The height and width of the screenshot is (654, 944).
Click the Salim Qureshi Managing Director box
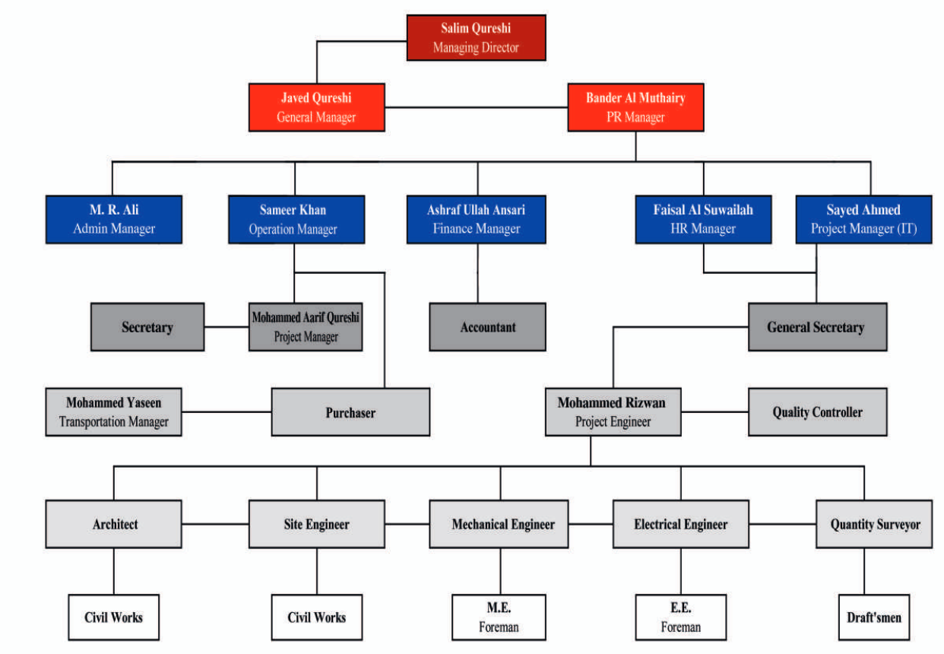point(476,37)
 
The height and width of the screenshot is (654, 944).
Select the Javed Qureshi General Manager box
point(316,107)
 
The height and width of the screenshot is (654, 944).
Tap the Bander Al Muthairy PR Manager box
point(635,107)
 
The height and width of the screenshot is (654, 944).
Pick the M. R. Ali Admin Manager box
point(113,219)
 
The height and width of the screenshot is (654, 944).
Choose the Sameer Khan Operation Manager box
point(296,219)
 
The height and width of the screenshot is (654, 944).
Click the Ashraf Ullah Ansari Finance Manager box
point(476,219)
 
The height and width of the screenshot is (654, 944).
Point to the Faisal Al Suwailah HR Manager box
point(703,219)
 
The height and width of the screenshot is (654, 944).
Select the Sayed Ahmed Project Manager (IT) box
point(863,219)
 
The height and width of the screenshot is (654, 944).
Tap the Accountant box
point(487,327)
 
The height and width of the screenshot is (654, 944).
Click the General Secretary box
point(816,327)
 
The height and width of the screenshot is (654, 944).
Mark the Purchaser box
point(350,412)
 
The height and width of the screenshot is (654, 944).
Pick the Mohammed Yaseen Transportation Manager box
point(113,412)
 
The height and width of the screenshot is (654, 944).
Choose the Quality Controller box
point(817,412)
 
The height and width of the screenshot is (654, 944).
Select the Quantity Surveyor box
point(875,524)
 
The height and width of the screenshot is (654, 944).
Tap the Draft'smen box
point(874,617)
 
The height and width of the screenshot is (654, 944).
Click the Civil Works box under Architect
point(113,617)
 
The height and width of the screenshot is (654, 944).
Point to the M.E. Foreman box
point(499,617)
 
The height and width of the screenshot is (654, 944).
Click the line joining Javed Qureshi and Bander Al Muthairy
point(477,107)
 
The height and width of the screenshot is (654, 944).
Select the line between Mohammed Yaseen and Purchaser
point(226,412)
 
